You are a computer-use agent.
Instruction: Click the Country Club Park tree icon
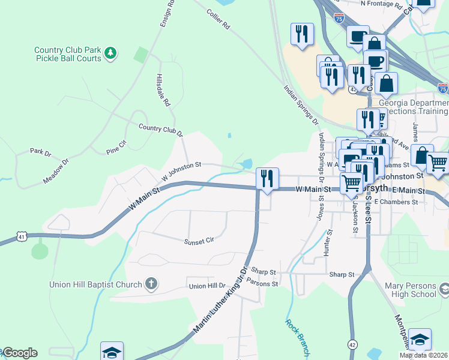pos(110,54)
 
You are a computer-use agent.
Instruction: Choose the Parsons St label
pos(263,283)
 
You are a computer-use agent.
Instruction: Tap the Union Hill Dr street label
pos(206,286)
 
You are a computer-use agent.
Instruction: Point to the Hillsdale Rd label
pos(163,91)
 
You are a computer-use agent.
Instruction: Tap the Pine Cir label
pos(116,148)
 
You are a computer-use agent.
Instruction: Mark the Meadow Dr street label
pos(56,171)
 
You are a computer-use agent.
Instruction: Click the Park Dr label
pos(41,152)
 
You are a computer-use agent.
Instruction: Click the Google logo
pos(20,353)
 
